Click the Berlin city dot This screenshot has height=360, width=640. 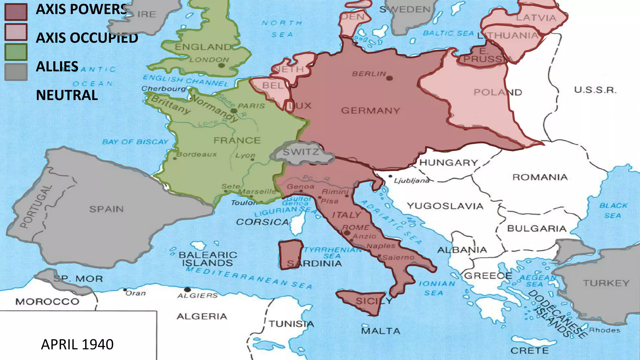coord(389,78)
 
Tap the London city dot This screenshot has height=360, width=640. coord(221,65)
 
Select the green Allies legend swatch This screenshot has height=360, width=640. coord(16,52)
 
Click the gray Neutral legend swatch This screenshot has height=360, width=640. coord(16,72)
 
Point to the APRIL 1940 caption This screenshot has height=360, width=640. coord(77,344)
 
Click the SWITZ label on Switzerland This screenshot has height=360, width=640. coord(301,152)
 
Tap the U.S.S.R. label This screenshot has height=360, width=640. coord(595,90)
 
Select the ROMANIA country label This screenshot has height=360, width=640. coord(540,177)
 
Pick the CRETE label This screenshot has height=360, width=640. coord(529,351)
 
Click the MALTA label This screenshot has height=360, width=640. coord(380,331)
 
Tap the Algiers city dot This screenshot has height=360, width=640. coord(187,289)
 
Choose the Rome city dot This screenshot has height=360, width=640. coord(347,233)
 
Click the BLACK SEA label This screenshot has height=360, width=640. coord(613,210)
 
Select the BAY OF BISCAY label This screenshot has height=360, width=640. coord(135,142)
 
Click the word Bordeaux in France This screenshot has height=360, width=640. coord(197,154)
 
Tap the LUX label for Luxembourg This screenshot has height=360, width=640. coord(301,106)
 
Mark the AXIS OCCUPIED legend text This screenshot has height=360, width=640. coord(87,38)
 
